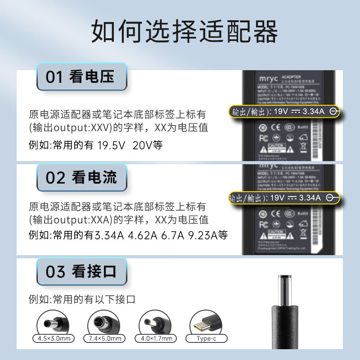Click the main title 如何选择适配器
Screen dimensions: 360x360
[x=184, y=31]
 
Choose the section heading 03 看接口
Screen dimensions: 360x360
[x=81, y=271]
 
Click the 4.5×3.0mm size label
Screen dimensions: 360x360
[x=51, y=338]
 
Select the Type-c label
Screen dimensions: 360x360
[x=207, y=338]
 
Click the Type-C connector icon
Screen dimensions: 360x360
[x=207, y=322]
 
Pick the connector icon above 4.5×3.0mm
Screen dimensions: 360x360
[x=51, y=322]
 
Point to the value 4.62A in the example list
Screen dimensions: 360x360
[x=143, y=235]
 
